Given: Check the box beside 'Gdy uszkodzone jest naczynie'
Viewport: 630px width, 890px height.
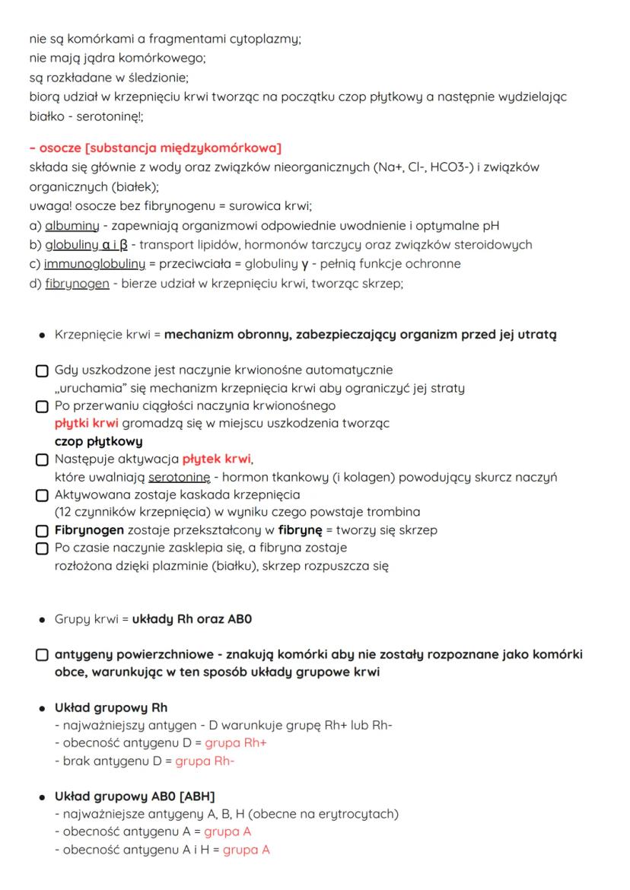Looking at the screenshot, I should pos(43,370).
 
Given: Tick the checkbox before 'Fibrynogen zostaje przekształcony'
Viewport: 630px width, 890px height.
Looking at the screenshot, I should pos(43,529).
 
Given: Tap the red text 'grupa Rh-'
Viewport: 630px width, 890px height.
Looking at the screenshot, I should pos(204,761).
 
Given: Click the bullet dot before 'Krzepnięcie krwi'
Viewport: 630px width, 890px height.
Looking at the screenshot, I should pos(40,334).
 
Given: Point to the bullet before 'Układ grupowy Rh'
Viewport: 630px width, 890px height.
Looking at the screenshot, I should pos(40,708).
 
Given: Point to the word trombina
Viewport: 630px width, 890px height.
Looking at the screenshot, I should pos(396,512).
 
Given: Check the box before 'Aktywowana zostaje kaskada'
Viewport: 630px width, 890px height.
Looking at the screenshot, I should pos(43,494).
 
